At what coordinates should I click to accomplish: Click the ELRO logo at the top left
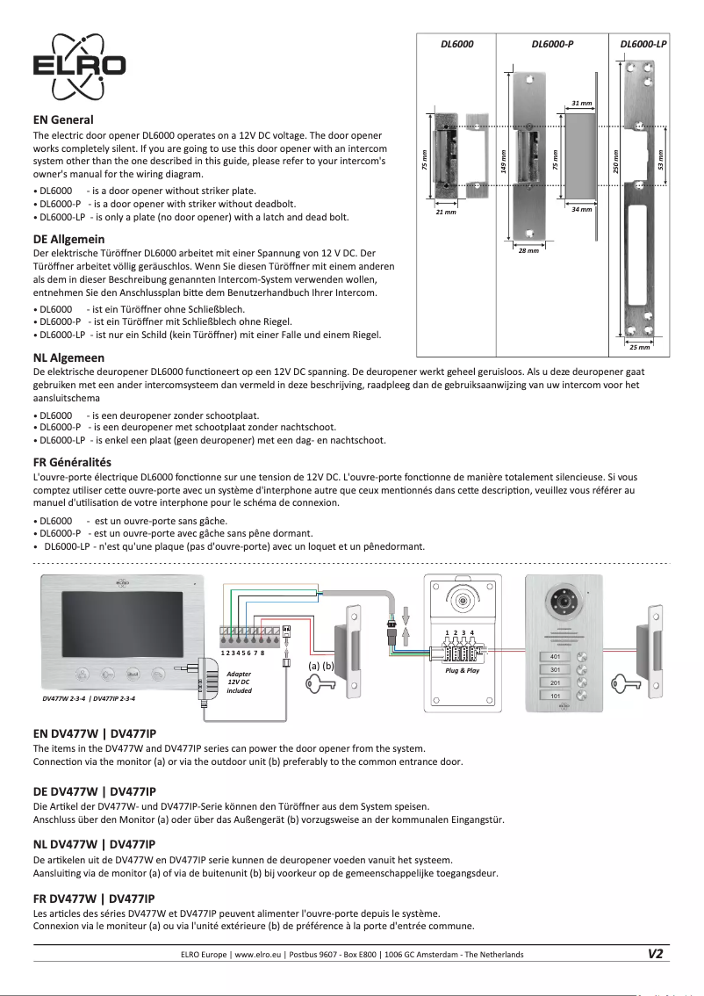(x=79, y=67)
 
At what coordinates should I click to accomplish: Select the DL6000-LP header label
(x=643, y=43)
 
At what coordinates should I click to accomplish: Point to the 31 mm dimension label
(x=580, y=104)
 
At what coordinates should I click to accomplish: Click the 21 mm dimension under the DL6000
(x=446, y=212)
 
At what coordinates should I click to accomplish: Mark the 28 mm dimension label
(x=528, y=250)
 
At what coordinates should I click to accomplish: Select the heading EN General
(x=63, y=119)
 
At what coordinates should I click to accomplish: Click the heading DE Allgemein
(x=68, y=239)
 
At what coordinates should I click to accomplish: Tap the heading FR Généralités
(x=72, y=462)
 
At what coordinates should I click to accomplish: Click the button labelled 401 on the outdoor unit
(x=555, y=657)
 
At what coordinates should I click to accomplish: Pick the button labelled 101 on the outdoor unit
(x=555, y=696)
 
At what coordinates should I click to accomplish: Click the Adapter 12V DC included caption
(x=239, y=682)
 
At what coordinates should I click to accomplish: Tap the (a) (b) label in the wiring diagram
(x=322, y=666)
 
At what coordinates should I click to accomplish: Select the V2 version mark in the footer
(x=655, y=954)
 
